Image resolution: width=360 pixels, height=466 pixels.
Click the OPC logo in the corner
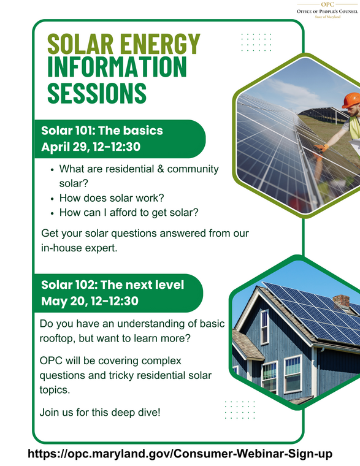tap(327, 10)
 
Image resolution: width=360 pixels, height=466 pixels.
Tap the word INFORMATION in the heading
tap(117, 67)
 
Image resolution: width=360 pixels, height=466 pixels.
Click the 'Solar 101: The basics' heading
tap(102, 131)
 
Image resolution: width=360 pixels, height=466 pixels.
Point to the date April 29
tap(64, 147)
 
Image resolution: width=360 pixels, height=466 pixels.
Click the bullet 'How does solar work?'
tap(112, 198)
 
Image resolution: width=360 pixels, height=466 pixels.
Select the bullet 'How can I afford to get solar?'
tap(129, 213)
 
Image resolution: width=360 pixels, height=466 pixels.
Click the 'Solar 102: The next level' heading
tap(112, 285)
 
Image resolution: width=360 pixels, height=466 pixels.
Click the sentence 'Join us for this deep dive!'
tap(99, 413)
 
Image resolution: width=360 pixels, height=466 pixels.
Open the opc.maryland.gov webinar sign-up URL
tap(180, 454)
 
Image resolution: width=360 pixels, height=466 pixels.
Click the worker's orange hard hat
tap(352, 100)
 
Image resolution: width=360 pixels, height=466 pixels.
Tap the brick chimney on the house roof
tap(340, 301)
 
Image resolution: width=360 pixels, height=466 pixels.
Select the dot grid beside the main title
tap(256, 42)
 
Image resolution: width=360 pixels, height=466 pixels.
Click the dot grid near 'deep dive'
tap(240, 410)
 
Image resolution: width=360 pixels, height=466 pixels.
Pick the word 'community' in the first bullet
tap(190, 169)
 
